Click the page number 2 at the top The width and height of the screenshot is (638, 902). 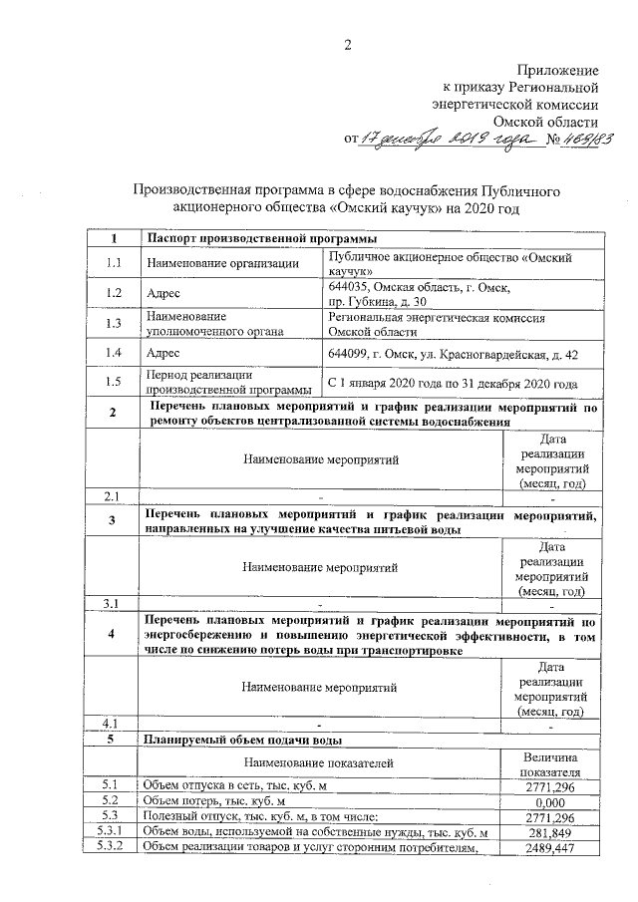[348, 43]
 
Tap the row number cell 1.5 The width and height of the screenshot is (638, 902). [113, 383]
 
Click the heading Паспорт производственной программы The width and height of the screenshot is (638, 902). [261, 238]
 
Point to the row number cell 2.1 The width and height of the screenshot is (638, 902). [113, 495]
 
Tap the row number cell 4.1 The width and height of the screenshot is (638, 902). [113, 722]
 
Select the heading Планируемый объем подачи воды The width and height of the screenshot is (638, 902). [244, 741]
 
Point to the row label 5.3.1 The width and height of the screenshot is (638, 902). [113, 832]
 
